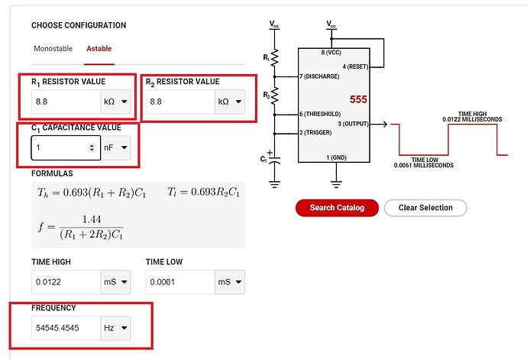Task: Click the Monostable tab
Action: point(53,49)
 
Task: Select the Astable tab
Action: point(99,49)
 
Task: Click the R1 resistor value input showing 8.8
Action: point(65,101)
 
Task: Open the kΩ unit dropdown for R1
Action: point(115,101)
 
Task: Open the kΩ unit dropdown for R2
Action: point(230,101)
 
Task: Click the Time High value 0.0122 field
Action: point(65,282)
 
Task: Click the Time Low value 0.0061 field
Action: point(179,282)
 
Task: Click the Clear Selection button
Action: point(425,208)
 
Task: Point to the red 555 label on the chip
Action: point(359,100)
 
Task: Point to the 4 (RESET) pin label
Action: point(354,66)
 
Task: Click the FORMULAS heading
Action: point(52,174)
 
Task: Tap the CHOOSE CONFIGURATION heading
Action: point(79,25)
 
